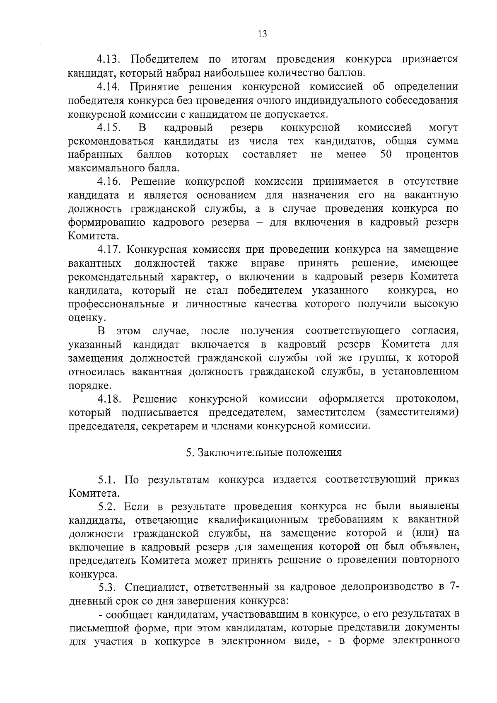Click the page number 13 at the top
click(x=262, y=34)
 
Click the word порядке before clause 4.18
click(x=84, y=386)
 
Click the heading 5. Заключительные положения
click(x=263, y=452)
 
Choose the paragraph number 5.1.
click(x=107, y=480)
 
